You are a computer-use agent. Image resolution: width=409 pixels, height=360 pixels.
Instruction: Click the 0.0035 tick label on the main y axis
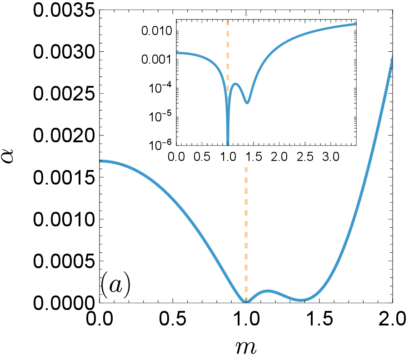[64, 11]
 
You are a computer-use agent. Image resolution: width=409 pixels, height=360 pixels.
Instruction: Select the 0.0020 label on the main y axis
[64, 135]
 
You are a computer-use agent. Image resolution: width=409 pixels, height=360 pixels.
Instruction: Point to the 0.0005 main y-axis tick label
[64, 261]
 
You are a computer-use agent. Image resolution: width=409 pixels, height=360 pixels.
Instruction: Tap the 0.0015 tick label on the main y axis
[64, 178]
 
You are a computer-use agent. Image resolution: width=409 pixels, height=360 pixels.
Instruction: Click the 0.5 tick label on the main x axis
[173, 319]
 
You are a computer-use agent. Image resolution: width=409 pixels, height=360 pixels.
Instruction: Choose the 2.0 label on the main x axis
[393, 319]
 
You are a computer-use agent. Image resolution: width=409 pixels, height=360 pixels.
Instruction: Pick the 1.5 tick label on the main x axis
[319, 319]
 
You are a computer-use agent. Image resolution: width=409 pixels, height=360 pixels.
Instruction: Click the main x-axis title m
[246, 347]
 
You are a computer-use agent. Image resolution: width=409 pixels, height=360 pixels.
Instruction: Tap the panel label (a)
[115, 285]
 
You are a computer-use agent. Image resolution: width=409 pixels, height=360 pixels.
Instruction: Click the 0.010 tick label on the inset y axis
[157, 31]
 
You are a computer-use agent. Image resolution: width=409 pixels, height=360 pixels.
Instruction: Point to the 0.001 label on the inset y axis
[157, 60]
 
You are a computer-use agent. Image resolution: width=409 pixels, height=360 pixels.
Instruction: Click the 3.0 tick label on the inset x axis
[330, 157]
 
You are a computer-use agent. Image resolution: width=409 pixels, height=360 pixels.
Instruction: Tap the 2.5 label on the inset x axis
[305, 157]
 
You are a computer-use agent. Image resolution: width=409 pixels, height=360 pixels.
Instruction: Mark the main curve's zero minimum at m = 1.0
[246, 302]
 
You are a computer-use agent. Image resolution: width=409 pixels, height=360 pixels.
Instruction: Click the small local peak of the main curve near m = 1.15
[268, 291]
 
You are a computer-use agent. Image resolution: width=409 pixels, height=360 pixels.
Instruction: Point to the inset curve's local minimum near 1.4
[247, 102]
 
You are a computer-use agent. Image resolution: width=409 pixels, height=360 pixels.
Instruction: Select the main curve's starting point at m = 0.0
[100, 161]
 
